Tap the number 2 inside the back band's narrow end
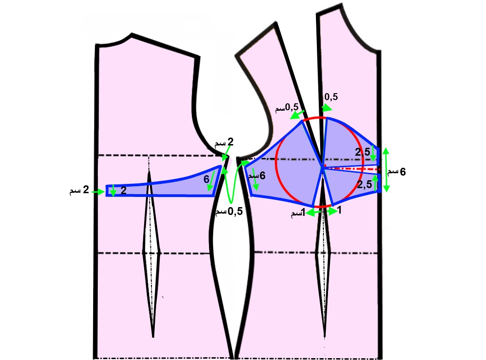pos(124,190)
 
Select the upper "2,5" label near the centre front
pos(363,152)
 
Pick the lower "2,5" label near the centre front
pos(365,185)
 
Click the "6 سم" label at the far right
pos(397,172)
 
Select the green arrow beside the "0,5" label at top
pos(327,107)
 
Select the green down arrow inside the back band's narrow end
pos(113,190)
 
